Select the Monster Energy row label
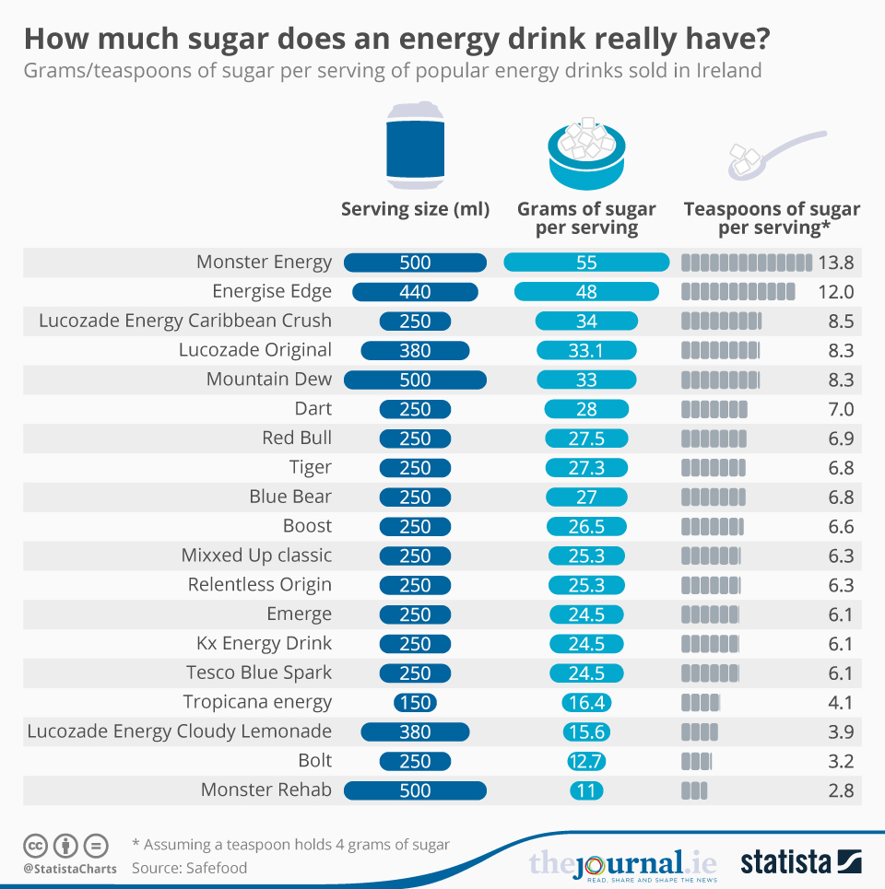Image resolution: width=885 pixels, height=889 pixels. click(264, 263)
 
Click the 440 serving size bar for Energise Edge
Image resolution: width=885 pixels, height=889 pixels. click(415, 292)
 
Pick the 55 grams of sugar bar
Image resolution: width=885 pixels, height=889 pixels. click(586, 263)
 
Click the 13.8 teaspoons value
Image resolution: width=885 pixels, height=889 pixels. click(835, 263)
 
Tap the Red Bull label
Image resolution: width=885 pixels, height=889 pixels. click(297, 438)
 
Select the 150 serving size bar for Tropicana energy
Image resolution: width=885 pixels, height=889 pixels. click(415, 702)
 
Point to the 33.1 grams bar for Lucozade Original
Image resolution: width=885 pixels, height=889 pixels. click(586, 350)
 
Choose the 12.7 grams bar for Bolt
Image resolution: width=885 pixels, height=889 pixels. click(586, 761)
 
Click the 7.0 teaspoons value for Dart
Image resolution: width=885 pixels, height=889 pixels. click(841, 409)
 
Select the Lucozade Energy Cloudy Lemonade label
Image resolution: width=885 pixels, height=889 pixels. click(179, 731)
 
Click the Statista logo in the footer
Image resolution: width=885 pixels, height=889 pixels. click(800, 862)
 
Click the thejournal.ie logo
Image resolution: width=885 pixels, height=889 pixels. click(623, 864)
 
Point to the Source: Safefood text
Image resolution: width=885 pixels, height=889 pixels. click(189, 867)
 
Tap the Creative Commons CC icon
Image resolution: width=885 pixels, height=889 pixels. click(35, 845)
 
